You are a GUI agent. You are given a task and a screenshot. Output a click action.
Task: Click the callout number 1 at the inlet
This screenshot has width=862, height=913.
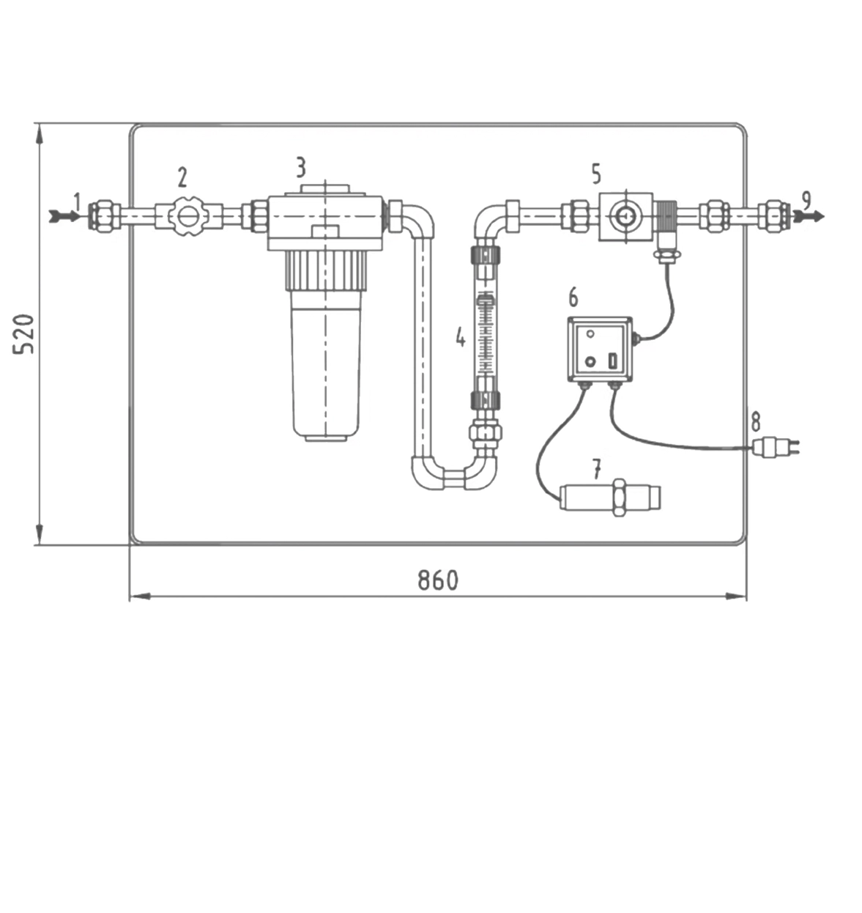coord(77,202)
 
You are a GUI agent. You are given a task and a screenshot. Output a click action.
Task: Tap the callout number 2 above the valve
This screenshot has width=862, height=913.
coord(182,177)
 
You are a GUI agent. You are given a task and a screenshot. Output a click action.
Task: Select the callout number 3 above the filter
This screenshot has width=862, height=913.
coord(301,167)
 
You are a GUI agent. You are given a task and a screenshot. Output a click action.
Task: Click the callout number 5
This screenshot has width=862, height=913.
coord(596,174)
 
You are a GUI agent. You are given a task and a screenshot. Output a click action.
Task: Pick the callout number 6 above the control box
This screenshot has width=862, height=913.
coord(573,297)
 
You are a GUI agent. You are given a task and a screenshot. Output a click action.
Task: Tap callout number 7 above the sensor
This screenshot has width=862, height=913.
coord(596,469)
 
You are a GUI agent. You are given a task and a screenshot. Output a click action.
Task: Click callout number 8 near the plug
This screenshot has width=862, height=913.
coord(755,421)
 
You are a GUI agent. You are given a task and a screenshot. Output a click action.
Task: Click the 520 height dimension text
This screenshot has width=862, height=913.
coord(23,334)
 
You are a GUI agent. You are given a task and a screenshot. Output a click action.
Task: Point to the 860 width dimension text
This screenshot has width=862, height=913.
coord(438,580)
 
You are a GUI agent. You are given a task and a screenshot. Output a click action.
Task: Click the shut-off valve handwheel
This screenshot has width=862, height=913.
coord(187,217)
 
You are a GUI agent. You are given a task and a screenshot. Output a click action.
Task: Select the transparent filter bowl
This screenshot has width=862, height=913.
coord(325,366)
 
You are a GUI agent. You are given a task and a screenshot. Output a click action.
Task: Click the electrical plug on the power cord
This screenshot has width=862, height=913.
coord(776,447)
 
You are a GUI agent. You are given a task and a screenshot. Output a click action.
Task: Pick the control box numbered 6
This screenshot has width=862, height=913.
coord(600,350)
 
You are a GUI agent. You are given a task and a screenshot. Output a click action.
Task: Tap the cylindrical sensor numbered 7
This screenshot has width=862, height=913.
coord(610,498)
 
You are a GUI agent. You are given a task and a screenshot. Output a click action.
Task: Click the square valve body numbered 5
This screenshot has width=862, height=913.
coord(626,217)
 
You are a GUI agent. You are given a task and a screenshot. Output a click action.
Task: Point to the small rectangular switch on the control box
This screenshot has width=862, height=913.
coord(612,361)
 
